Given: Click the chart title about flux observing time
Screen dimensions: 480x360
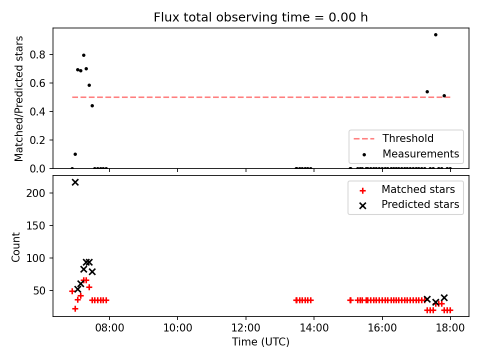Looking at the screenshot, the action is (x=260, y=17).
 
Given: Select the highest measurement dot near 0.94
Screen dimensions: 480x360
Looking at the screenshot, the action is (x=435, y=35).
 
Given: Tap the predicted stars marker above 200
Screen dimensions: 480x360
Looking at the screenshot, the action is (x=75, y=182).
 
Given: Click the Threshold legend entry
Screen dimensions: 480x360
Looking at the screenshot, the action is (x=393, y=138).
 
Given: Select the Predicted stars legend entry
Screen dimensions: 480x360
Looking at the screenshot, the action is (x=409, y=204).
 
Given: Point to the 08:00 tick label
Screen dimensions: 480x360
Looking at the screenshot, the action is (x=109, y=328).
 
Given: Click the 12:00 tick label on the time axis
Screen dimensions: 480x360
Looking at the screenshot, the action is (x=246, y=328).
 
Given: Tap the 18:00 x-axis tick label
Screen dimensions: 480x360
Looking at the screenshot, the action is (x=450, y=328).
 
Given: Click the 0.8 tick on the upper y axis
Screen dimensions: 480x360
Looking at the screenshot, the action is (x=37, y=55).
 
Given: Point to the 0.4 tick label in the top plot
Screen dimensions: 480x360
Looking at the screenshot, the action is (x=37, y=111).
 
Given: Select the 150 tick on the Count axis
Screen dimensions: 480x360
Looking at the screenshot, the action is (x=35, y=225).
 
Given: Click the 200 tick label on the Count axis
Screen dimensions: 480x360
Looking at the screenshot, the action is (x=35, y=193).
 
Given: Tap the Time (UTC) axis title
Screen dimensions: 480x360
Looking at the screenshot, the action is (x=260, y=342).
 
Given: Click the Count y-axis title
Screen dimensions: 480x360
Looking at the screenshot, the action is (x=15, y=247).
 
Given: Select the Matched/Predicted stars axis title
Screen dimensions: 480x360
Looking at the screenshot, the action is (x=18, y=98).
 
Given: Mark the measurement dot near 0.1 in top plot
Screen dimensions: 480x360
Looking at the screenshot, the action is (x=75, y=154).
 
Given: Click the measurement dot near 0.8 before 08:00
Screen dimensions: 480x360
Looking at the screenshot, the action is (x=83, y=55).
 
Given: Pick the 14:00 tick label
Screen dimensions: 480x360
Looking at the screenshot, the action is (x=314, y=328).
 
